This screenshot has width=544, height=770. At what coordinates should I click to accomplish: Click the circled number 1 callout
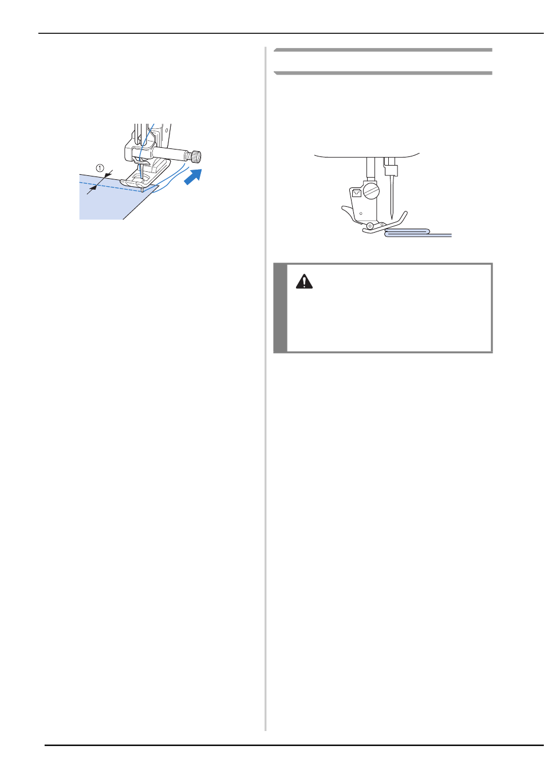[x=100, y=168]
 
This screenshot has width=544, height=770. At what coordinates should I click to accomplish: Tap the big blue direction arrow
[x=193, y=176]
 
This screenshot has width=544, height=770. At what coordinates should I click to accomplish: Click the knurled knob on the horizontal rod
[x=196, y=157]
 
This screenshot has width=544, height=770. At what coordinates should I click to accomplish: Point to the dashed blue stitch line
[x=110, y=187]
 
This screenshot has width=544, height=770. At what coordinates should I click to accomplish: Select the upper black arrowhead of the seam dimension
[x=107, y=175]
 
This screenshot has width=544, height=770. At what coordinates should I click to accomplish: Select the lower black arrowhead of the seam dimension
[x=93, y=188]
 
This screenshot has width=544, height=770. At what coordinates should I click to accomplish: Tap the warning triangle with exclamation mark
[x=304, y=281]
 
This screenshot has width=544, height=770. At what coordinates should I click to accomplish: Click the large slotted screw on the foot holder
[x=371, y=191]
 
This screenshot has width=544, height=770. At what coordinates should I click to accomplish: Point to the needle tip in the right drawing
[x=392, y=218]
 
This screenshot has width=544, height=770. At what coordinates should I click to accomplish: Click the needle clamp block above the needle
[x=391, y=170]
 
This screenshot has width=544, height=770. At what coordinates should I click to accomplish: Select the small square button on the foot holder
[x=356, y=193]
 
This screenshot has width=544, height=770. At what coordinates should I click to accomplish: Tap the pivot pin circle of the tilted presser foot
[x=370, y=226]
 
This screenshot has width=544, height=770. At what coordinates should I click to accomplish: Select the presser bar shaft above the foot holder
[x=370, y=168]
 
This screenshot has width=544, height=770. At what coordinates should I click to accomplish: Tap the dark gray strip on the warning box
[x=281, y=308]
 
